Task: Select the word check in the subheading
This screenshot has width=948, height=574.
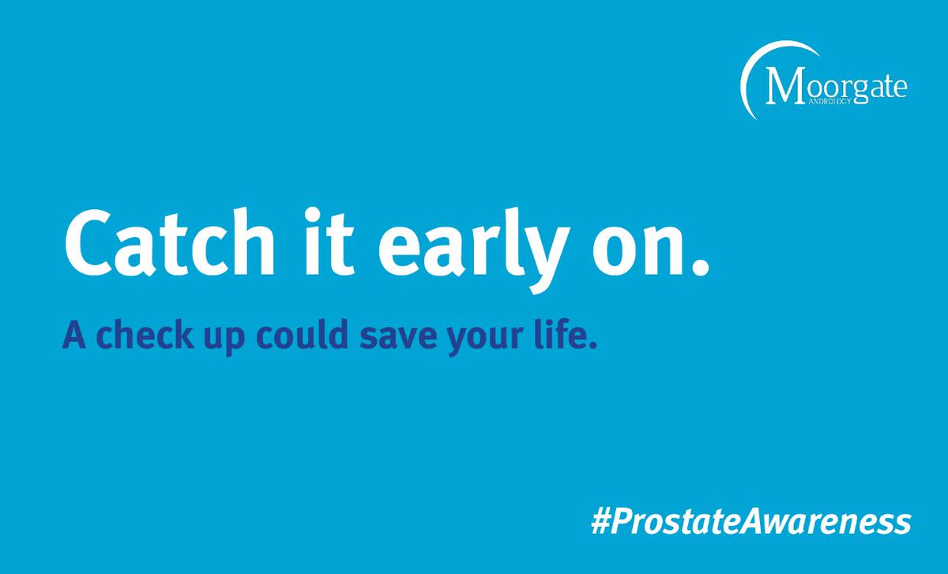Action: (137, 336)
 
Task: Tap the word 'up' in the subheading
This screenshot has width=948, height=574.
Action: (215, 340)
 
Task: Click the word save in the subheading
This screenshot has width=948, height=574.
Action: (386, 338)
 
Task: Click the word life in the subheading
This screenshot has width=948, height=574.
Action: (554, 336)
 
